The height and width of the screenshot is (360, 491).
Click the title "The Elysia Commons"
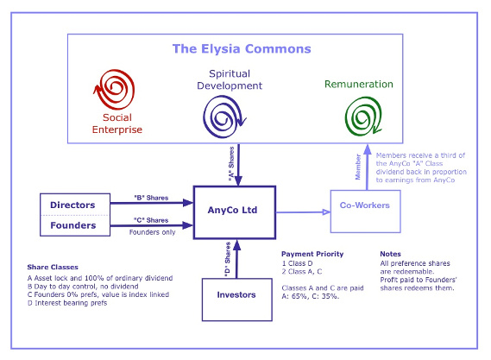[242, 49]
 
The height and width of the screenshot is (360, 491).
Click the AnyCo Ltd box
[235, 212]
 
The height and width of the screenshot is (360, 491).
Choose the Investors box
[237, 300]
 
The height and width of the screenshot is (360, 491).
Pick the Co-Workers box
[365, 212]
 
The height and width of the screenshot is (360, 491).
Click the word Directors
[72, 205]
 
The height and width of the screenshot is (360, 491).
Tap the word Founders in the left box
[73, 225]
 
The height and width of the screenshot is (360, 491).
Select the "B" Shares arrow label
[151, 198]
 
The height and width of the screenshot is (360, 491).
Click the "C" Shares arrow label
[151, 220]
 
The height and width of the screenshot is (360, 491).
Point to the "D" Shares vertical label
[227, 259]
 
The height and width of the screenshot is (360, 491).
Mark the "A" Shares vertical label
[231, 163]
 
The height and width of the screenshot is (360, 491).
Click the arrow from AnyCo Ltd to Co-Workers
[303, 212]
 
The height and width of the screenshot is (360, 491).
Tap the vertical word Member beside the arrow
[358, 167]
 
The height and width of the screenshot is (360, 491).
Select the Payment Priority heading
[312, 254]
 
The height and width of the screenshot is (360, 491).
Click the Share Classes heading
[53, 267]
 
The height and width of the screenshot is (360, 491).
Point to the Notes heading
[391, 254]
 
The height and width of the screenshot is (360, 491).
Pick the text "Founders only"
[152, 232]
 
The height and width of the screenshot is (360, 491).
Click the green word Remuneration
[359, 84]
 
